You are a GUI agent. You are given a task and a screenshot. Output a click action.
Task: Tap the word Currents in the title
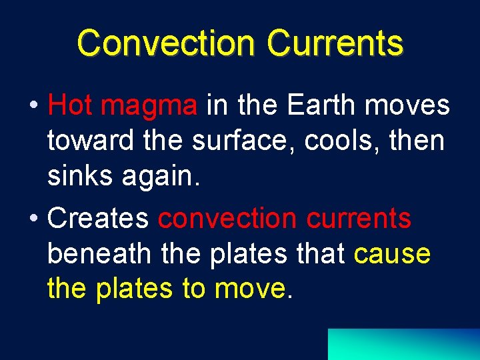pos(335,43)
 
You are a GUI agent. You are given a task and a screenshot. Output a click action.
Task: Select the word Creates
pos(99,218)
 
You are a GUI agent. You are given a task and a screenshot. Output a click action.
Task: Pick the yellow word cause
pos(393,255)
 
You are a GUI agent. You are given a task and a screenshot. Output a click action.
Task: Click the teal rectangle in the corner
pos(403,344)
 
